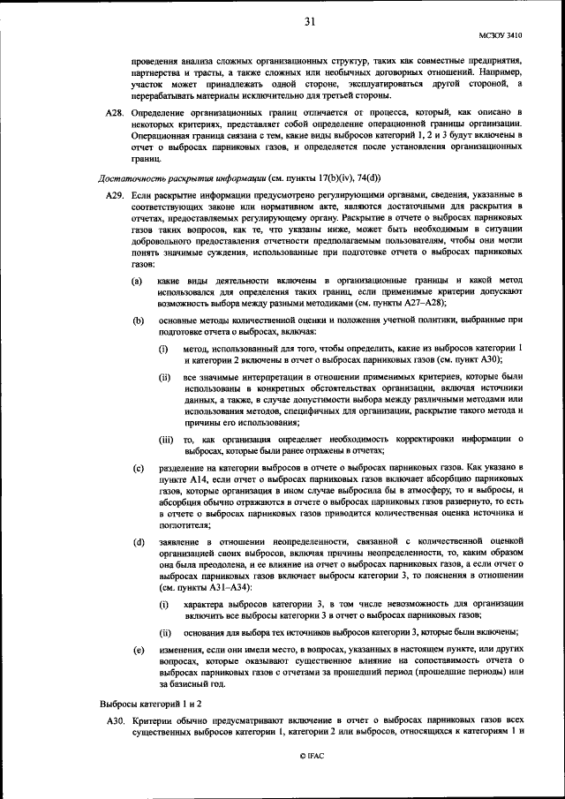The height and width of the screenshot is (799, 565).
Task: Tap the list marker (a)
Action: coord(137,280)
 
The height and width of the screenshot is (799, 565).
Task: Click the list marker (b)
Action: coord(138,320)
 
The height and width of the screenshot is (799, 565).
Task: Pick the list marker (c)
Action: coord(137,465)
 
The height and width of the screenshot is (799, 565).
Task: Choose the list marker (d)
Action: coord(138,540)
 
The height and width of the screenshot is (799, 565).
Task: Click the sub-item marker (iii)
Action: coord(167,439)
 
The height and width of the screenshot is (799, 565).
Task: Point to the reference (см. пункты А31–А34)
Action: coord(205,587)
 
